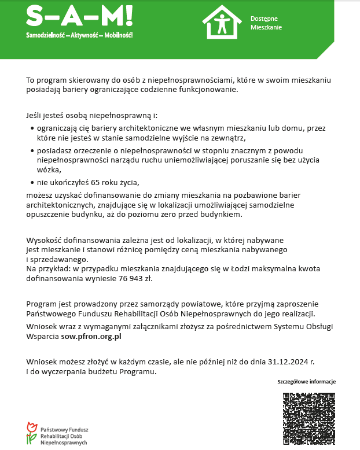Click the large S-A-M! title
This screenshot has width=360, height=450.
pyautogui.click(x=79, y=16)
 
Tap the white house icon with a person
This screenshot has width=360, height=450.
pyautogui.click(x=222, y=22)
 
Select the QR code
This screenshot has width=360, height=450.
pyautogui.click(x=308, y=418)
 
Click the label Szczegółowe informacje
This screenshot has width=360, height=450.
pyautogui.click(x=306, y=382)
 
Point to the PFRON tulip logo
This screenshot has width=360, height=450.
pyautogui.click(x=31, y=433)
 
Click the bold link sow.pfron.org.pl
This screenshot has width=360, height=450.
pyautogui.click(x=91, y=335)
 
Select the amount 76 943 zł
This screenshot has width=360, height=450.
pyautogui.click(x=139, y=278)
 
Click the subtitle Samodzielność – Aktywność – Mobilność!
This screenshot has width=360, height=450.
pyautogui.click(x=79, y=36)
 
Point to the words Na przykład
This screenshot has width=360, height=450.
pyautogui.click(x=47, y=270)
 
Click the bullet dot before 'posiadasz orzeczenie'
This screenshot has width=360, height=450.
pyautogui.click(x=31, y=150)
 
